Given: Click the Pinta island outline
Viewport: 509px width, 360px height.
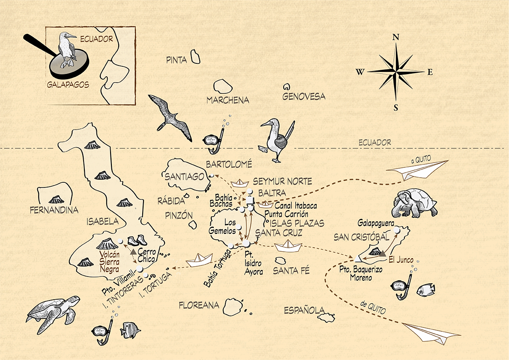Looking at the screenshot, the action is click(x=195, y=57).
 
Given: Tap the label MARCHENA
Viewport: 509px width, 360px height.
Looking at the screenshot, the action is click(x=228, y=100).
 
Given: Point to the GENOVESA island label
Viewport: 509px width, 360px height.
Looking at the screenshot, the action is click(x=303, y=96).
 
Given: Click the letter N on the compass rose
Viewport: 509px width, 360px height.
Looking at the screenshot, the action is click(x=396, y=37).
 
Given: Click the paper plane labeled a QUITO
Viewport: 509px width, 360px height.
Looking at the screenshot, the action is click(x=417, y=170).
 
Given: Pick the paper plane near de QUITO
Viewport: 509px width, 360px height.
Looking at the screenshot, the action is click(x=431, y=332).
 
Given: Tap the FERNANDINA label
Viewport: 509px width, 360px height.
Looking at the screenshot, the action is click(x=54, y=210).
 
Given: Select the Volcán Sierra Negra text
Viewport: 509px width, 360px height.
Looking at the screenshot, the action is click(x=109, y=262).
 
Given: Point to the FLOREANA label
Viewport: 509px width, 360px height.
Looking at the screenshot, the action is click(x=199, y=305).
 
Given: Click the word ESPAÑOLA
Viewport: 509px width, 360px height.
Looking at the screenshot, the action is click(x=304, y=310).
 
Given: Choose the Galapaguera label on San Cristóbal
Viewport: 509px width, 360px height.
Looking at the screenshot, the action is click(x=376, y=223).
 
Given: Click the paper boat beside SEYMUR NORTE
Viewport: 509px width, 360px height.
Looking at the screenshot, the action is click(x=240, y=183).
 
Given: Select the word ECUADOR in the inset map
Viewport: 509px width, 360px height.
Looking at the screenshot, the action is click(x=96, y=39).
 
